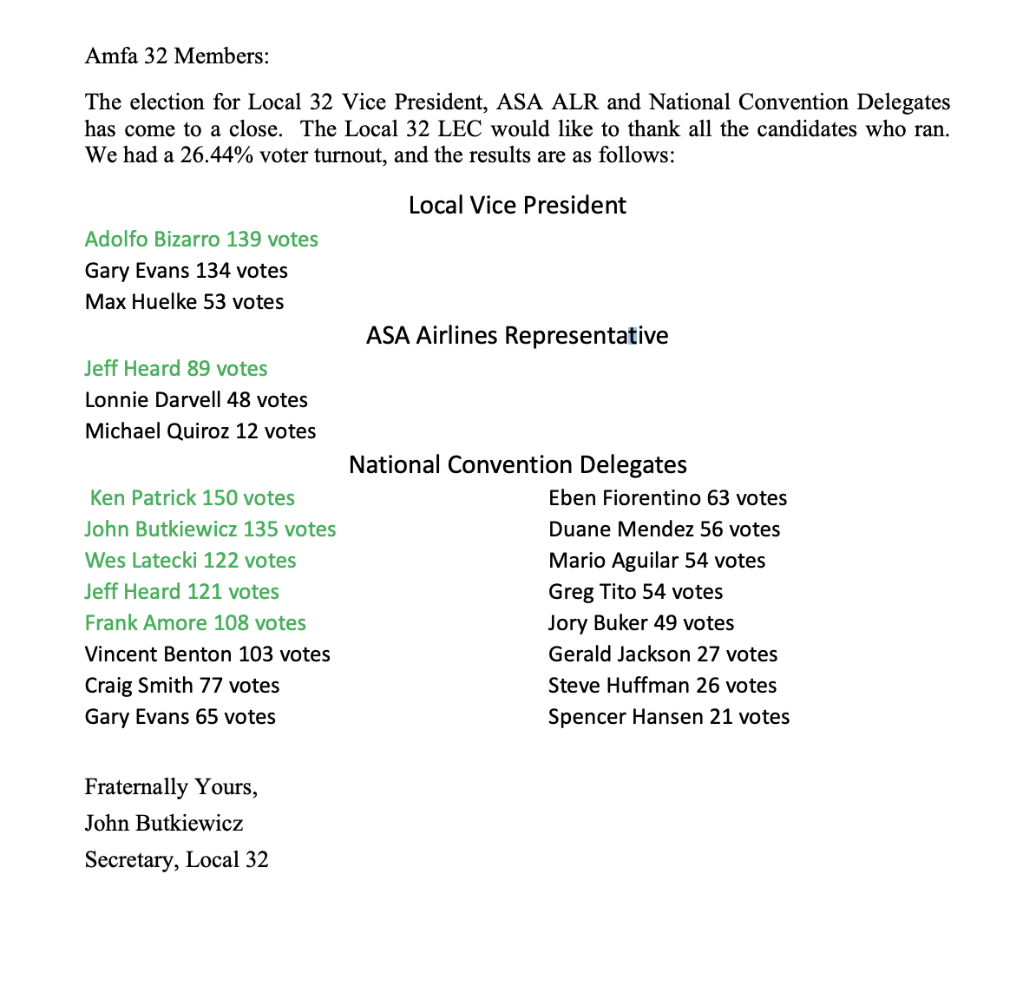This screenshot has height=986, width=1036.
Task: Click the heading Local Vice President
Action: pos(517,206)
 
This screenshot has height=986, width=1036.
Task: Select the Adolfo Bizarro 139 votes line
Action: pos(201,240)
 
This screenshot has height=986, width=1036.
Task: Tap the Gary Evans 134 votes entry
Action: pos(186,271)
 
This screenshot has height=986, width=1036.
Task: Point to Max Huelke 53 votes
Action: pos(184,302)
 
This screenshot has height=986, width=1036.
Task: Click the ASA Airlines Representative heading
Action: pos(517,336)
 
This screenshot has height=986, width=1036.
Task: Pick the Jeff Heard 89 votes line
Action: pos(176,369)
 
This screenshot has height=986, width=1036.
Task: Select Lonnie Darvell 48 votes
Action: pos(196,400)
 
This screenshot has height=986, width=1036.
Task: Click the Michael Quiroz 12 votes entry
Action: pos(200,431)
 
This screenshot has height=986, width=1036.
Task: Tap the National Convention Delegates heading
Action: pos(517,465)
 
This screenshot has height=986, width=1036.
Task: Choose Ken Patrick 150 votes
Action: pos(193,498)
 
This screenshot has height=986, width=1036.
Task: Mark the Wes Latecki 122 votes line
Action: pos(190,561)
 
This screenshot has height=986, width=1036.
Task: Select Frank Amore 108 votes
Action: pos(195,623)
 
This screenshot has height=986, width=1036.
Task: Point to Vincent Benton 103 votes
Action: pos(207,654)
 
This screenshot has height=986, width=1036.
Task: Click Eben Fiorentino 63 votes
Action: pos(667,498)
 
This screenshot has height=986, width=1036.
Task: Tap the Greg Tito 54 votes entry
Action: pos(635,592)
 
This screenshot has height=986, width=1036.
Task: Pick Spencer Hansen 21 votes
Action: pos(668,717)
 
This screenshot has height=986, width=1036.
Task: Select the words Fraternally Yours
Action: pos(170,787)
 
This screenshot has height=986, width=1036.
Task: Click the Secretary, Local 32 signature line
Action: pos(176,860)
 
